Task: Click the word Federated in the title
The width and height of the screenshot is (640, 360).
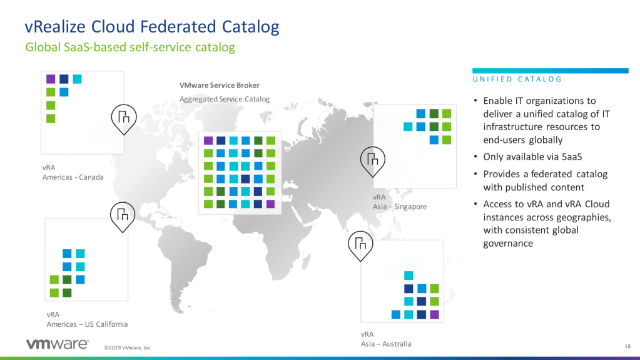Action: [x=178, y=26]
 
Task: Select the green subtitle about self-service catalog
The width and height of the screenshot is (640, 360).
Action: [x=130, y=48]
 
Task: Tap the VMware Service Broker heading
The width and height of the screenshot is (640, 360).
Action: [x=220, y=85]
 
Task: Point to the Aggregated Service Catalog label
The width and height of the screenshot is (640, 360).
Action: [x=225, y=100]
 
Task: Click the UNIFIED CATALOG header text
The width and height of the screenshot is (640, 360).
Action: [x=517, y=80]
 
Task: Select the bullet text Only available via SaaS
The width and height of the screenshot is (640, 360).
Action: [x=532, y=157]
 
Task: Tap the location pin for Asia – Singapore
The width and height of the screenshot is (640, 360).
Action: [x=373, y=162]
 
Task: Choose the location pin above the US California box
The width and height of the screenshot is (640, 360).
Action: [x=123, y=217]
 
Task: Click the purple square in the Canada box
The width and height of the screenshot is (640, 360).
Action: [x=51, y=79]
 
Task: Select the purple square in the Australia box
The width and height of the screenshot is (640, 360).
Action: [x=434, y=314]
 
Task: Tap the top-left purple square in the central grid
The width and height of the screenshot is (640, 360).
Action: [x=208, y=141]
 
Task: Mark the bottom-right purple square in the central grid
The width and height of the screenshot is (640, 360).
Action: [x=271, y=204]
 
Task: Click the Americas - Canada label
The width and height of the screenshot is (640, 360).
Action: [x=73, y=177]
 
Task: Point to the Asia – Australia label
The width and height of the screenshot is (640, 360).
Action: [x=386, y=344]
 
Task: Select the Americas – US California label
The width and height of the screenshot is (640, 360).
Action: [x=87, y=324]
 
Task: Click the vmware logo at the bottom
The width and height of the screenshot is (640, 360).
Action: [x=58, y=344]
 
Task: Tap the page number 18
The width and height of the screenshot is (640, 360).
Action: [x=627, y=346]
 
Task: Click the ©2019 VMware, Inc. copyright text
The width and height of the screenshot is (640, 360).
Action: [x=128, y=347]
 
